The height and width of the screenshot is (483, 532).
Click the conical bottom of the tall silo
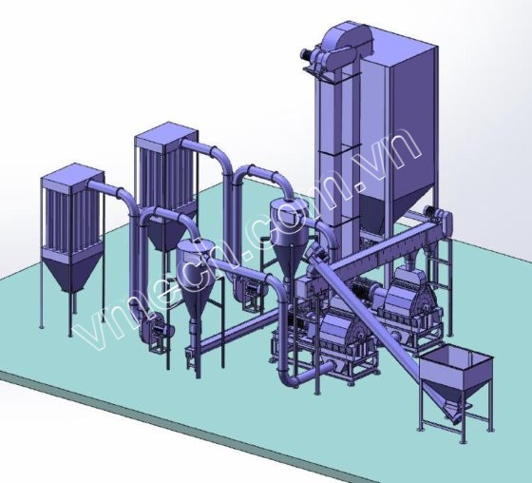[395, 210]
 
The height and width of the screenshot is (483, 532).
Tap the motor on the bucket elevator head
[307, 54]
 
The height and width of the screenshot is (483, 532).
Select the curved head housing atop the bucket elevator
[344, 41]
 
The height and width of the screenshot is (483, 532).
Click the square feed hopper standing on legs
[455, 377]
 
